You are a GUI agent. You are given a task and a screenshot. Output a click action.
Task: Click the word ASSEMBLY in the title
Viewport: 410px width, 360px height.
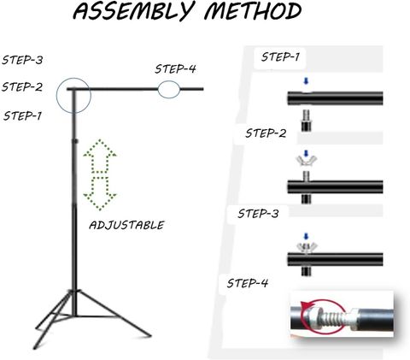132,11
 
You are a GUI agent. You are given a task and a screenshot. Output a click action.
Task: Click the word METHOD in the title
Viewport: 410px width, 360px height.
253,10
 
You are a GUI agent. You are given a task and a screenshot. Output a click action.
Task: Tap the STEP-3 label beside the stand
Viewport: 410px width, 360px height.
22,60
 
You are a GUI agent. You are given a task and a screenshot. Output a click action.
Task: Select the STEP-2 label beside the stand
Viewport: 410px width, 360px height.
22,86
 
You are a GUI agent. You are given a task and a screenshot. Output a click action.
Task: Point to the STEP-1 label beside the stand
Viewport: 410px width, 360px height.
22,115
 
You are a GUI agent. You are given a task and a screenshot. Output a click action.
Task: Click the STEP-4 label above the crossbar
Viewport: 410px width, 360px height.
175,69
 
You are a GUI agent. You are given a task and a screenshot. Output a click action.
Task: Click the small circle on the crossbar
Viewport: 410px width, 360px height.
169,90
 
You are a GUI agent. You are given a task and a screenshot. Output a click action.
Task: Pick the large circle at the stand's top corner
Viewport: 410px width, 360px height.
73,95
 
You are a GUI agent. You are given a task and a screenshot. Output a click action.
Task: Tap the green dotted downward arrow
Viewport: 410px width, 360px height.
100,193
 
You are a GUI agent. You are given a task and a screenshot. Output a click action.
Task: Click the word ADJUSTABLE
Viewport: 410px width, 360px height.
126,225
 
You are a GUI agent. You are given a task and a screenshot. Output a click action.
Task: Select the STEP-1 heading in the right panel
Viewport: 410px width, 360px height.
280,57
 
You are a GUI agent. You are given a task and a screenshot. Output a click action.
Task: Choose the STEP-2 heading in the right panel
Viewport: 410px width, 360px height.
266,133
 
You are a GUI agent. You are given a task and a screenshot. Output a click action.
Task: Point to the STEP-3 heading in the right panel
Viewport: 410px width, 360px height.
258,214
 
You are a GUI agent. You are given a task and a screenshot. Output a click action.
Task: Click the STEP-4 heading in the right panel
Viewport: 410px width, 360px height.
248,283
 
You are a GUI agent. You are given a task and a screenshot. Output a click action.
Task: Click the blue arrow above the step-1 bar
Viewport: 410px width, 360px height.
306,81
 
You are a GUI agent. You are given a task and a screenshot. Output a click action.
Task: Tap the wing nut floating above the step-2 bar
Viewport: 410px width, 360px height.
306,162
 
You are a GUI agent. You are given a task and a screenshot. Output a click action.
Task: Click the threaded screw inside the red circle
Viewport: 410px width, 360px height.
330,316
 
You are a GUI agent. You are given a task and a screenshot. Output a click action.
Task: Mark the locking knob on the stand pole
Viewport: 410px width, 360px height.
75,141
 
